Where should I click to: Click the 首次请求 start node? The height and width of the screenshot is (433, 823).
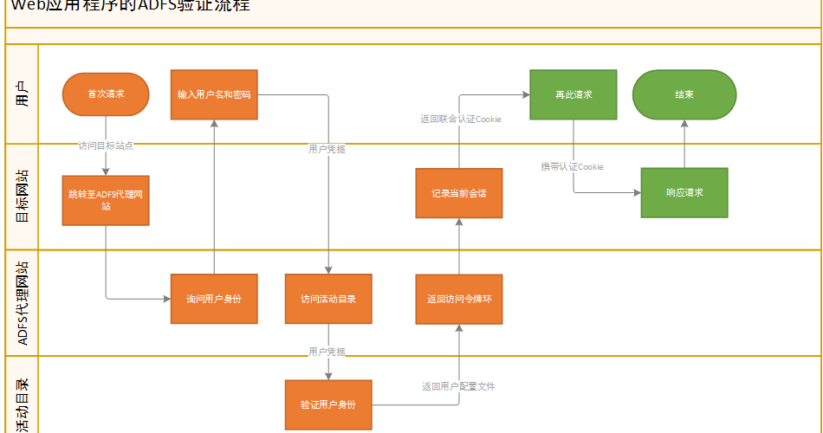pyautogui.click(x=106, y=94)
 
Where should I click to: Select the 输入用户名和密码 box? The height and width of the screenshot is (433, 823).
pyautogui.click(x=214, y=94)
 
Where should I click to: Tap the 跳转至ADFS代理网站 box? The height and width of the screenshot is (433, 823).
pyautogui.click(x=106, y=200)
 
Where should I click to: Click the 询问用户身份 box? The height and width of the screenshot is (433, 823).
pyautogui.click(x=214, y=299)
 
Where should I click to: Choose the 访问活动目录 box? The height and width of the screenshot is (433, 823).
pyautogui.click(x=328, y=299)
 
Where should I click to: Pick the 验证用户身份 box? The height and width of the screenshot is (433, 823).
pyautogui.click(x=328, y=404)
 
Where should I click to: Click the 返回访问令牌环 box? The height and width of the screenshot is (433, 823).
pyautogui.click(x=458, y=299)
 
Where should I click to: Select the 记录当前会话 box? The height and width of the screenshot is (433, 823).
pyautogui.click(x=458, y=192)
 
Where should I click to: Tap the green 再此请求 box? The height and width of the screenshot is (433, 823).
pyautogui.click(x=573, y=94)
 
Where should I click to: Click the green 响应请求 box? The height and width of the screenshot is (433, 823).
pyautogui.click(x=684, y=192)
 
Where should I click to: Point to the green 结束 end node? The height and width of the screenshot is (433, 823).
pyautogui.click(x=684, y=94)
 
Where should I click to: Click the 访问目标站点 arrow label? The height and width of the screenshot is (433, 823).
pyautogui.click(x=106, y=145)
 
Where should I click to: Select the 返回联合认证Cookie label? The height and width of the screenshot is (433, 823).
pyautogui.click(x=460, y=119)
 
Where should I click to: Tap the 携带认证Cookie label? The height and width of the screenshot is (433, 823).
pyautogui.click(x=572, y=166)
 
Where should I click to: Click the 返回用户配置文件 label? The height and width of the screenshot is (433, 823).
pyautogui.click(x=458, y=386)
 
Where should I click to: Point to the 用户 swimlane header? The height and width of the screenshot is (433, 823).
pyautogui.click(x=22, y=94)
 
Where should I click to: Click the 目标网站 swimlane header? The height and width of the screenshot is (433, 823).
pyautogui.click(x=22, y=197)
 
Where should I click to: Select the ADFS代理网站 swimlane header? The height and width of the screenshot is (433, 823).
pyautogui.click(x=22, y=303)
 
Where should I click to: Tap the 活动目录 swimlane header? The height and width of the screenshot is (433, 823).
pyautogui.click(x=22, y=404)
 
